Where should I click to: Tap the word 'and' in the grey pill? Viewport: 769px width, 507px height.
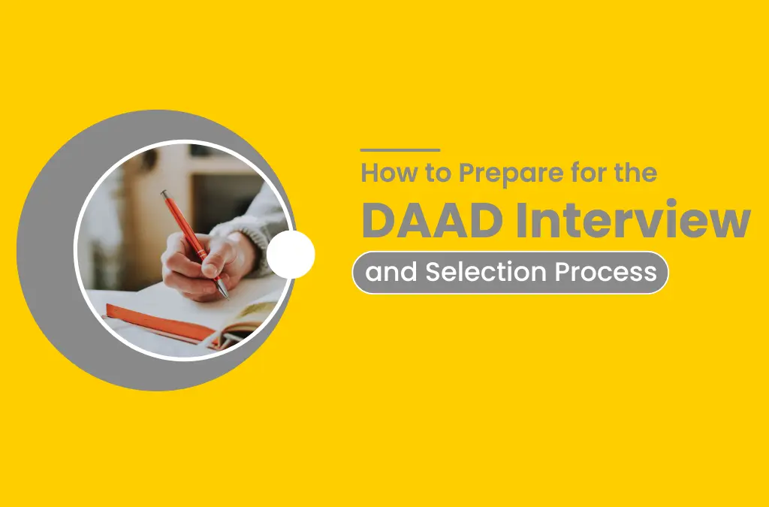[391, 272]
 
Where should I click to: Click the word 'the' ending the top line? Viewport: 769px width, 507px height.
[635, 174]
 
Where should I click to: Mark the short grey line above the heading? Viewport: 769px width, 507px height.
[400, 150]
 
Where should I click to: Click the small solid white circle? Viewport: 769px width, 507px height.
[291, 255]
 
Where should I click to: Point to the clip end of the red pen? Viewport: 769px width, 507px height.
[165, 196]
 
